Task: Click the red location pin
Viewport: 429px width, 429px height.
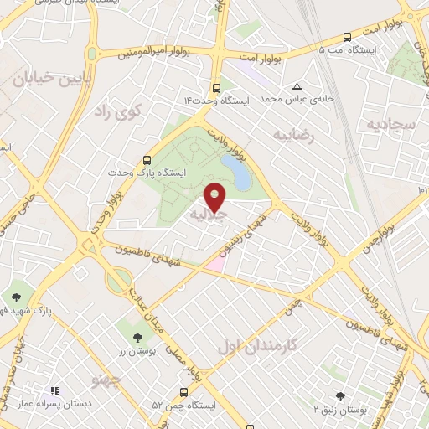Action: [x=215, y=196]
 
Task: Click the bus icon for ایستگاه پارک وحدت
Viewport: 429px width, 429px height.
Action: [x=148, y=159]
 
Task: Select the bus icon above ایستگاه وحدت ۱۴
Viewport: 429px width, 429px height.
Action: [x=217, y=87]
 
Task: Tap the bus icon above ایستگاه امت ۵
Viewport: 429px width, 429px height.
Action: [x=346, y=37]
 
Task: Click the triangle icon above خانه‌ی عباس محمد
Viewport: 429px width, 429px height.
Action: [x=297, y=86]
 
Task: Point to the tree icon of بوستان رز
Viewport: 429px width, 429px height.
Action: [x=137, y=337]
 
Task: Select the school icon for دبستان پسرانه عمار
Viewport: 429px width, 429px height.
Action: [x=54, y=391]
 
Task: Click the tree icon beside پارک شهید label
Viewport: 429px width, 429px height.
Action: [x=16, y=297]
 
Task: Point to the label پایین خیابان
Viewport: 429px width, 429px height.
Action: [x=45, y=79]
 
